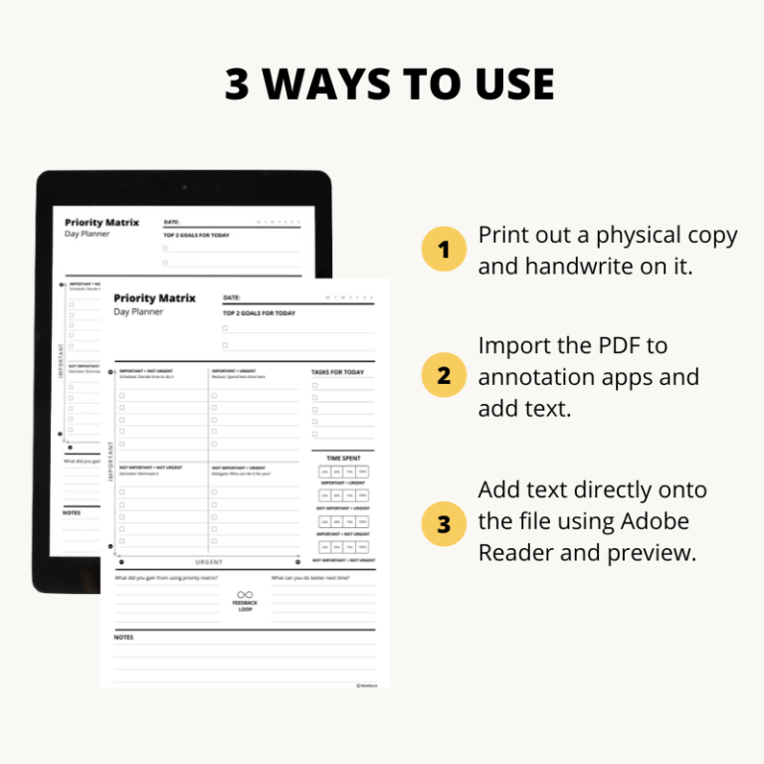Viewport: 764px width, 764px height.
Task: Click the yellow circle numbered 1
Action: click(x=444, y=249)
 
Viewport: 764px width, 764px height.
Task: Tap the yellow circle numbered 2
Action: click(x=444, y=376)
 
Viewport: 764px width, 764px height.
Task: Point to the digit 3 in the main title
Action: click(x=237, y=86)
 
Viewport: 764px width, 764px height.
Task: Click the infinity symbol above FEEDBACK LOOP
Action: click(x=245, y=594)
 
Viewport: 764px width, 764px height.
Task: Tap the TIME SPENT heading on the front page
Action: click(x=344, y=459)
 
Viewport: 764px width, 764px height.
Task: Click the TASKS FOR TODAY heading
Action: click(x=338, y=372)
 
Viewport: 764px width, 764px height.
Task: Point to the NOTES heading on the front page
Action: click(x=123, y=637)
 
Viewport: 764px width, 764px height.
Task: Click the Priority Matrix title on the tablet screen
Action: click(x=101, y=223)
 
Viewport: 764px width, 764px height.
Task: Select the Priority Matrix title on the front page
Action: click(x=154, y=298)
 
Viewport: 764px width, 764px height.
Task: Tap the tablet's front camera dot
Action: click(x=183, y=187)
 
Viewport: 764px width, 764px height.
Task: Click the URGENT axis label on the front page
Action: click(x=209, y=562)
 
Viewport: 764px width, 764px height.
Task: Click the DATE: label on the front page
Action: click(x=232, y=297)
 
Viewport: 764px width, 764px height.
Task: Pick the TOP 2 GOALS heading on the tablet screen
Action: click(x=196, y=236)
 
